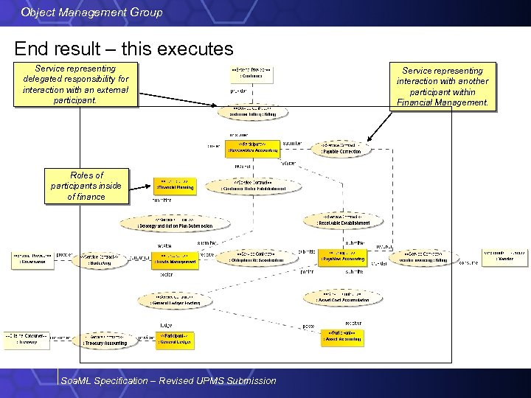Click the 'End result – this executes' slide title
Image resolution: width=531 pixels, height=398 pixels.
[124, 49]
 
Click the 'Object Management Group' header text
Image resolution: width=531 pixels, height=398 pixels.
[92, 13]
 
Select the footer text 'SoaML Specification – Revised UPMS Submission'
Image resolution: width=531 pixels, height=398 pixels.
[169, 380]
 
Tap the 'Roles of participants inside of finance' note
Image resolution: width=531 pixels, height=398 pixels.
[86, 186]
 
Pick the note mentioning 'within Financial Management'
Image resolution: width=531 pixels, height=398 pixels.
[442, 86]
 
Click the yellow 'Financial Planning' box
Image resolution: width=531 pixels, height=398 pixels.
[175, 184]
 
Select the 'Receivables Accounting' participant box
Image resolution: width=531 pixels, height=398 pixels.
[253, 148]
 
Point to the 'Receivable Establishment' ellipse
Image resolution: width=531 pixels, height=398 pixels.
[343, 220]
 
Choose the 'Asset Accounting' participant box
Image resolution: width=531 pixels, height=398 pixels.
[342, 338]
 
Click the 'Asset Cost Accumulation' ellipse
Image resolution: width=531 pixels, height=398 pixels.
[342, 297]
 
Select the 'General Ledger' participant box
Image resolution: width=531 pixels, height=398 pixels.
[176, 339]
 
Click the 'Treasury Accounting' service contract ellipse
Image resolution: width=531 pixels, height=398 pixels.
[105, 340]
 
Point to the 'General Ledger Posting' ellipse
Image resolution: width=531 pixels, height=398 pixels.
[175, 300]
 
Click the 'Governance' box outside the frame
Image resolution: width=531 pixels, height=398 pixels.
[32, 259]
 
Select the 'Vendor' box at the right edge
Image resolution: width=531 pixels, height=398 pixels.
[504, 256]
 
